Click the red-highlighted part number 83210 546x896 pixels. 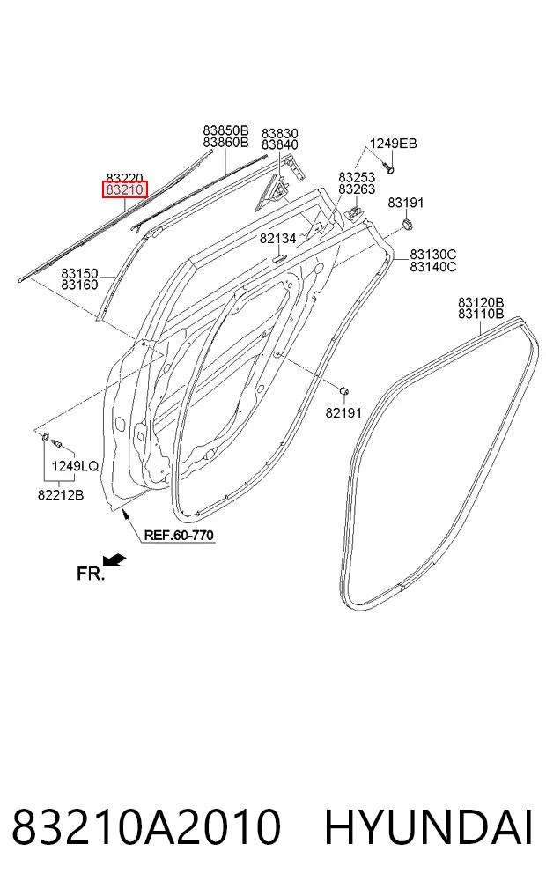pyautogui.click(x=124, y=189)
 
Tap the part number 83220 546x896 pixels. pyautogui.click(x=124, y=177)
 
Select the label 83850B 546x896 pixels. pyautogui.click(x=226, y=130)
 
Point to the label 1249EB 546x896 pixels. pyautogui.click(x=393, y=144)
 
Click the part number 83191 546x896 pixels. pyautogui.click(x=405, y=203)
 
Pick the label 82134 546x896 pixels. pyautogui.click(x=277, y=238)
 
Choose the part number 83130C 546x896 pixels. pyautogui.click(x=433, y=255)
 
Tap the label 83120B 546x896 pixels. pyautogui.click(x=481, y=301)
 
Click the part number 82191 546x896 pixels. pyautogui.click(x=343, y=412)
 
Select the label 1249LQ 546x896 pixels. pyautogui.click(x=75, y=466)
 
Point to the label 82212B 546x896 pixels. pyautogui.click(x=61, y=495)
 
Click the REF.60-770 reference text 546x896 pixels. pyautogui.click(x=179, y=536)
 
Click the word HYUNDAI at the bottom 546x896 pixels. pyautogui.click(x=429, y=827)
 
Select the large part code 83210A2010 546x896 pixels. pyautogui.click(x=146, y=827)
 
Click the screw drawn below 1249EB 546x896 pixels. pyautogui.click(x=389, y=167)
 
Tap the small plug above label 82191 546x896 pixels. pyautogui.click(x=344, y=391)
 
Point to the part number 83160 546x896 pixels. pyautogui.click(x=79, y=284)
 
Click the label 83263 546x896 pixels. pyautogui.click(x=357, y=189)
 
